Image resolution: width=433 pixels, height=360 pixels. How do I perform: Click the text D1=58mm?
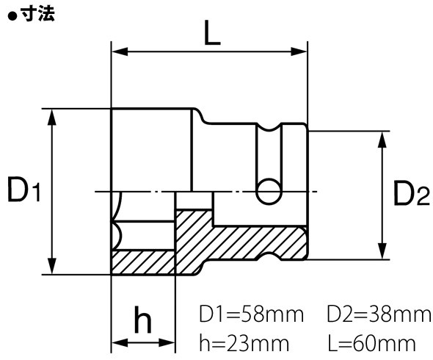251,316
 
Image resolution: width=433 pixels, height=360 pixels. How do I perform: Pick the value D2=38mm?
379,316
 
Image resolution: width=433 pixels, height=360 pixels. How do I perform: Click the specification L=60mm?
374,342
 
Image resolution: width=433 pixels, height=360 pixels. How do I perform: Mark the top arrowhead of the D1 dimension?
52,116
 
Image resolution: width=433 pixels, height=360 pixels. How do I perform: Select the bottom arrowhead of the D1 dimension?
52,267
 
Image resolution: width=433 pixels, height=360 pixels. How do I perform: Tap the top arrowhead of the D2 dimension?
382,140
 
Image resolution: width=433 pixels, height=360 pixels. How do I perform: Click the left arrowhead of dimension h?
117,342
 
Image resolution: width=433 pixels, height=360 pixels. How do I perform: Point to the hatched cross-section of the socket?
242,242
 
